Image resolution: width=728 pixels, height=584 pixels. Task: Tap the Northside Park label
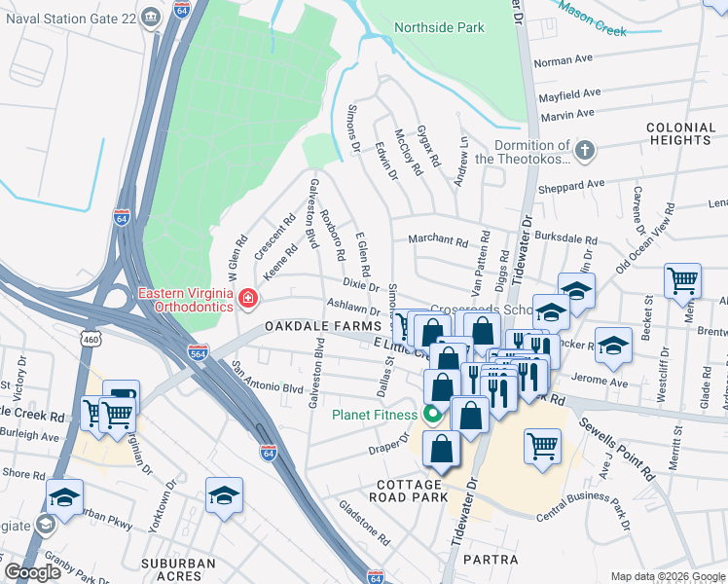440,28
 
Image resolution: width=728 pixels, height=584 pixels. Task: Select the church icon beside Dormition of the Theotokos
583,151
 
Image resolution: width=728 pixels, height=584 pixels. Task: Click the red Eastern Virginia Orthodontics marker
249,298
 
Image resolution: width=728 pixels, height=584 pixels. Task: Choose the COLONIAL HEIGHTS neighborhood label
679,133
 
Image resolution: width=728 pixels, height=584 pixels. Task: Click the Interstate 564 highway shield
198,351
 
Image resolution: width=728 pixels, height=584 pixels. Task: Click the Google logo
32,572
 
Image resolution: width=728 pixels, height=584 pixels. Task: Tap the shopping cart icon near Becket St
681,280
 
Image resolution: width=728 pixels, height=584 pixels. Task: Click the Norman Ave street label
564,60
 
